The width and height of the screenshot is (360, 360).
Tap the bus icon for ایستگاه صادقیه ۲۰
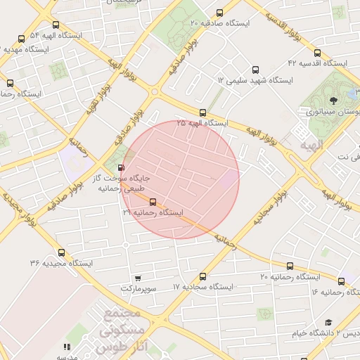coord(220,12)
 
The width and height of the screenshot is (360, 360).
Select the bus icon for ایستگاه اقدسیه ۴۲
coord(317,53)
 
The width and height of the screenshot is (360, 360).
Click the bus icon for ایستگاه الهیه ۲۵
coord(202,112)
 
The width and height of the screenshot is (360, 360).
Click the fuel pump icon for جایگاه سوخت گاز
coord(122,168)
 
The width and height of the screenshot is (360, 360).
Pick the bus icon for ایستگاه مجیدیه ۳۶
coord(62,252)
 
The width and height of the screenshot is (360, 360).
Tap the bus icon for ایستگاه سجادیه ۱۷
coord(203,277)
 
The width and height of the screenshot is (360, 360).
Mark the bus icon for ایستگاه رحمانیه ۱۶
coord(341,281)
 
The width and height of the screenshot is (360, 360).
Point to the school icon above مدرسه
coord(67,347)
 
